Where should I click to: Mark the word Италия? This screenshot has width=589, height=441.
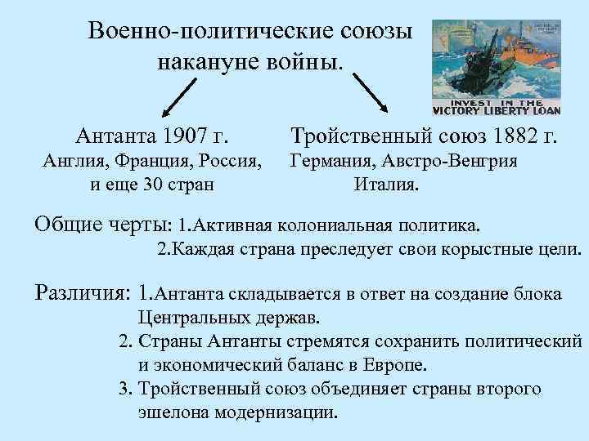click(x=385, y=184)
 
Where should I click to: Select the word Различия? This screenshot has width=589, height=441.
click(x=81, y=292)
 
